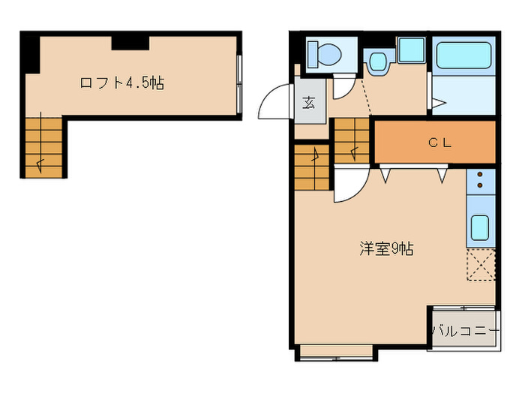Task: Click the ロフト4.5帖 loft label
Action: coord(121,83)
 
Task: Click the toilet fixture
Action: coord(325,54)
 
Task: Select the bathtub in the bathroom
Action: coord(463,56)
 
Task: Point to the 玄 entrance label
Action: coord(309,104)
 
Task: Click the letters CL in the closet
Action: coord(439,142)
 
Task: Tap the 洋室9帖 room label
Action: coord(385,249)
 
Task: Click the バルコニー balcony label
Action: coord(465,330)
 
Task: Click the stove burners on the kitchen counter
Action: coord(480,182)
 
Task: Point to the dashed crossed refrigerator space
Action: coord(481,265)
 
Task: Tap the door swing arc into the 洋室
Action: coord(349,186)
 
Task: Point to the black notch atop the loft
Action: coord(130,42)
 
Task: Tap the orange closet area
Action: coord(435,142)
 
